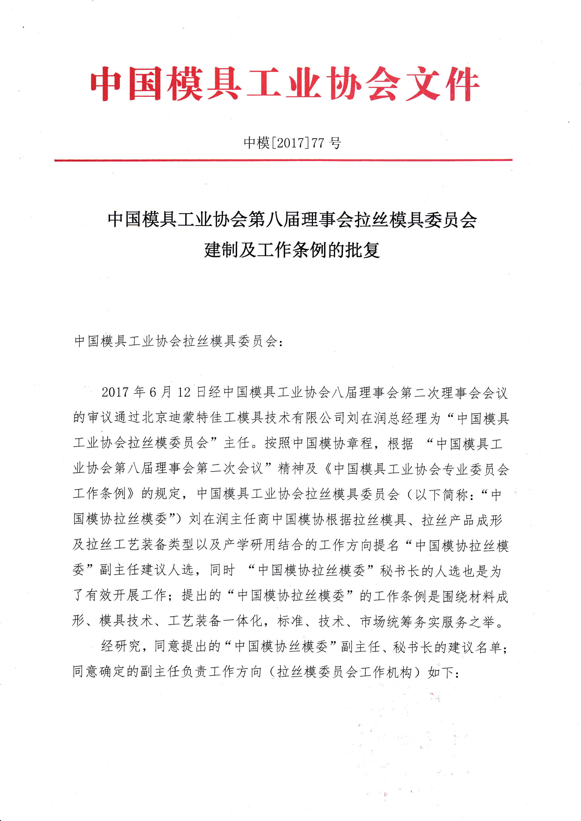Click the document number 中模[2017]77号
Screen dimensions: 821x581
(292, 143)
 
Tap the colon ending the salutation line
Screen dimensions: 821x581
(281, 342)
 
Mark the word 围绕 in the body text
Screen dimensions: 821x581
(457, 596)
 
